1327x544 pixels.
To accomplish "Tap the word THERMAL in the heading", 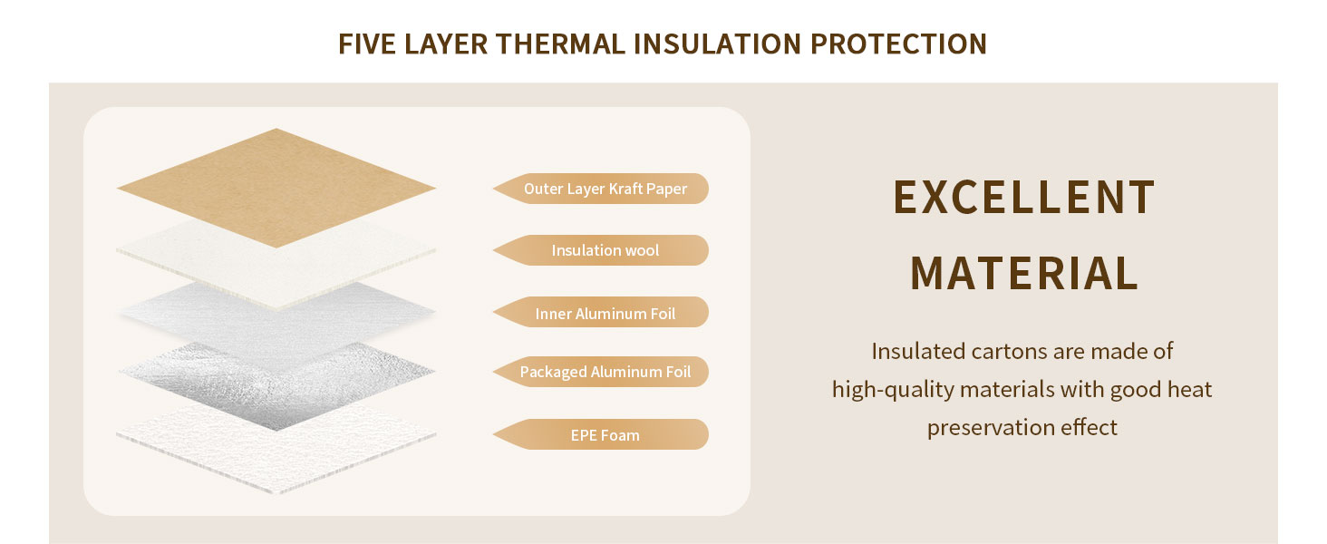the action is (560, 44).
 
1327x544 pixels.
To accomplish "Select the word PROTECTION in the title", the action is (898, 44).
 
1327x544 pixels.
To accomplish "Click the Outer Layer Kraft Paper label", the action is (601, 189).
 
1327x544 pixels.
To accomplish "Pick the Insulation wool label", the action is (601, 250).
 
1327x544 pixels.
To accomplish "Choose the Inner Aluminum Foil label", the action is (601, 312).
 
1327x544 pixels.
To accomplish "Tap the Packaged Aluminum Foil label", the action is (601, 372).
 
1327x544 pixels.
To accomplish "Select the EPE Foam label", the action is (601, 434).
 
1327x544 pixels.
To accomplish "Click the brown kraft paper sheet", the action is (276, 188).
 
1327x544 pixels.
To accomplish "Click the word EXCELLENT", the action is (1023, 197).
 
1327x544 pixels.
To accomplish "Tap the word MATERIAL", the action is (1023, 273).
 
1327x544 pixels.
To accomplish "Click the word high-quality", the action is (893, 390).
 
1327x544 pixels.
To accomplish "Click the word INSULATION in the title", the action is (717, 44).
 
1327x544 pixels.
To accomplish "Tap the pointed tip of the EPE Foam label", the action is (494, 434).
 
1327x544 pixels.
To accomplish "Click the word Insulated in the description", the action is (917, 351).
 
